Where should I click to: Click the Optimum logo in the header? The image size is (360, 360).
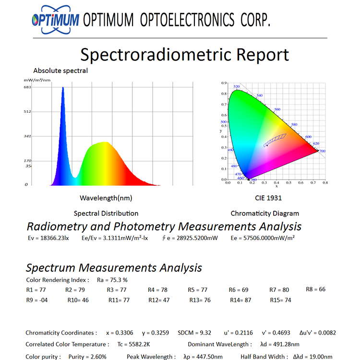point(55,20)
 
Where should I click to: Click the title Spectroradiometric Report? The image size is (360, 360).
point(184,55)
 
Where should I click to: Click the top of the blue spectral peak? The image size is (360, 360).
point(62,88)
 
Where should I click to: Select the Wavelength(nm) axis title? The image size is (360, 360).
point(106,198)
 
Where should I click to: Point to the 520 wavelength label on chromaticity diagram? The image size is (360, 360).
point(236,87)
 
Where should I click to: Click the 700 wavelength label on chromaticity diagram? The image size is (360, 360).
point(322,151)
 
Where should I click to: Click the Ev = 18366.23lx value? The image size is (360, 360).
point(48,238)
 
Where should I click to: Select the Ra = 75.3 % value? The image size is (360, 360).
point(112,280)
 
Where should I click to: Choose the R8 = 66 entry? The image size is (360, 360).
point(315,289)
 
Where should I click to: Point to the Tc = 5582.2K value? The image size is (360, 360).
point(133,344)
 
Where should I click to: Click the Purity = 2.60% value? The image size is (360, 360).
point(87,357)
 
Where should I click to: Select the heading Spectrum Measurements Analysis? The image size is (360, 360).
point(114,268)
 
